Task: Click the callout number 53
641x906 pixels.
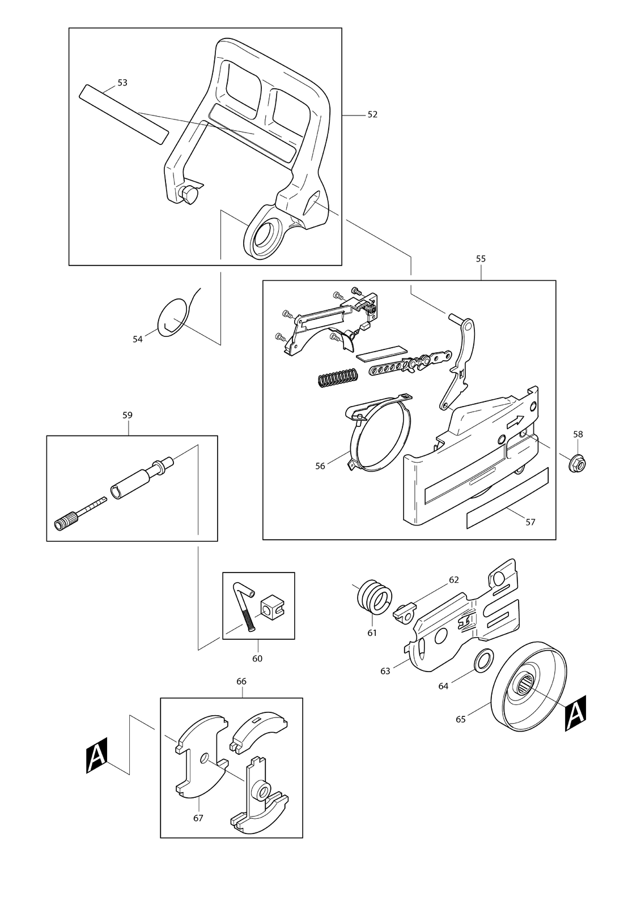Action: coord(122,83)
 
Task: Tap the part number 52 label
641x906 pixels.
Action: coord(372,114)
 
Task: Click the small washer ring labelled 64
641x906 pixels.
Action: coord(483,660)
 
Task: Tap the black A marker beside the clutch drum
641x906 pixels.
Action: coord(575,713)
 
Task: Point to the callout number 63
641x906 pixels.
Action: coord(385,671)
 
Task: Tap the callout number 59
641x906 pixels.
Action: coord(128,415)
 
